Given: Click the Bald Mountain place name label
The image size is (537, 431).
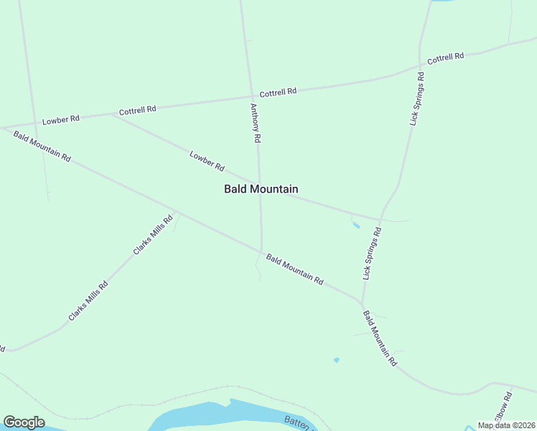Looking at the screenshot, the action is point(261,189).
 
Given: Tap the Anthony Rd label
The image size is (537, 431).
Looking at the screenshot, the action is point(255,123).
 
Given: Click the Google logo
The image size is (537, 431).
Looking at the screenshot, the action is point(24,422).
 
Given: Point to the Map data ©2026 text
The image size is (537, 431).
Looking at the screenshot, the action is point(506,425).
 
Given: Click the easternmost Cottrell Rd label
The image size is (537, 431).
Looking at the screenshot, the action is point(446,57).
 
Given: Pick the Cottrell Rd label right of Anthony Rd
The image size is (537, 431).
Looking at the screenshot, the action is point(278,93).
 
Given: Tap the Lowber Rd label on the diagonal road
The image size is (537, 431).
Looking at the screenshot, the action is point(207,161).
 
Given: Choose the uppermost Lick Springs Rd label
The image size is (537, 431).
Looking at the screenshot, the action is point(417,99).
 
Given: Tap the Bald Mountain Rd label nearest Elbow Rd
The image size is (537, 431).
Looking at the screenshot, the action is point(380,338).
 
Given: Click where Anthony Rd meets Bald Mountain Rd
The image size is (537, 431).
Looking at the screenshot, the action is point(261,251).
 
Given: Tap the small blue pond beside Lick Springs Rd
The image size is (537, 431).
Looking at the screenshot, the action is point(355,226).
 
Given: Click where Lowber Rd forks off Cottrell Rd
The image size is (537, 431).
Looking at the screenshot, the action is point(115,114).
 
